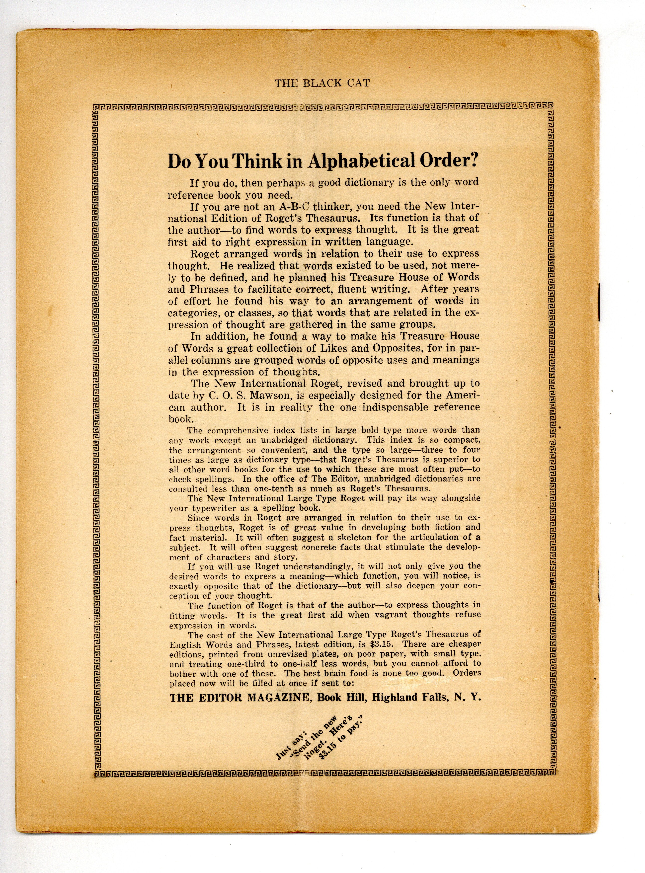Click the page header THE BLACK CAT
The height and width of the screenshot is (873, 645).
pyautogui.click(x=322, y=83)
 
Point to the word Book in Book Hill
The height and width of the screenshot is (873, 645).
pyautogui.click(x=327, y=698)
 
